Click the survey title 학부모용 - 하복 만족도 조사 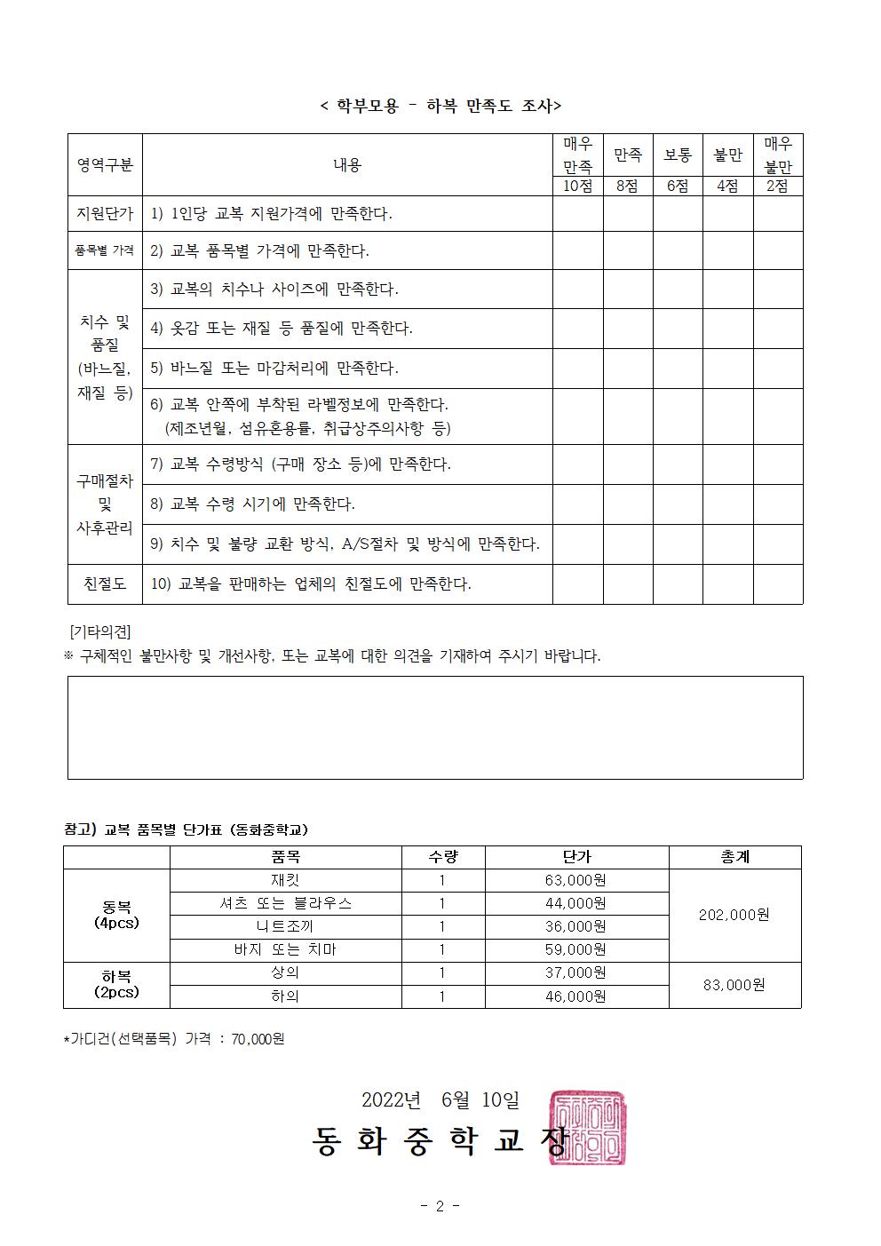coord(440,106)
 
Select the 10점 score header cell coord(577,187)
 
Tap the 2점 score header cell coord(777,187)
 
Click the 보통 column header coord(678,155)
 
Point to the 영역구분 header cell coord(105,164)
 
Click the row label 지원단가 coord(105,214)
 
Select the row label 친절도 coord(105,583)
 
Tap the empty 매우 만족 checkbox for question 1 coord(577,214)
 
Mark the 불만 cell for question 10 coord(727,583)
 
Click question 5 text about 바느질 coord(275,368)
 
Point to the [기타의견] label coord(99,631)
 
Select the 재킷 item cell coord(285,880)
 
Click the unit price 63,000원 coord(575,880)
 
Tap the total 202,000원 coord(734,915)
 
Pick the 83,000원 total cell coord(734,985)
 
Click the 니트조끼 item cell coord(285,926)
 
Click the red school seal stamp coord(587,1127)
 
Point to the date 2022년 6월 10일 coord(440,1099)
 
